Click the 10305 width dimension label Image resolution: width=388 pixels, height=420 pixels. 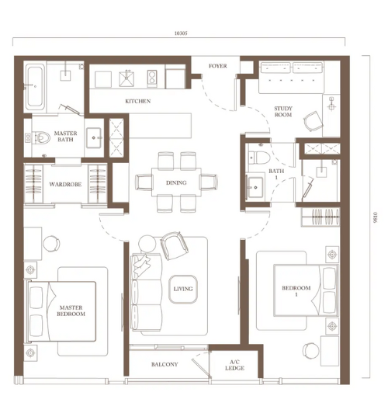[x=181, y=33]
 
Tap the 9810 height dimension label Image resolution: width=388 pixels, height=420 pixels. [x=375, y=217]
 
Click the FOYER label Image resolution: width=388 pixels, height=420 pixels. [x=218, y=66]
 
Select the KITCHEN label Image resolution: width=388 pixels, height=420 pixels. [x=138, y=101]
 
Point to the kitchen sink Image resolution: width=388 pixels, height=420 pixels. [x=126, y=78]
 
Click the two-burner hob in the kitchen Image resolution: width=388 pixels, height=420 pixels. [x=152, y=78]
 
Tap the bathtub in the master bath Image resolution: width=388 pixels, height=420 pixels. [x=35, y=85]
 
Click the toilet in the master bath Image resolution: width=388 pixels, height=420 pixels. [x=40, y=137]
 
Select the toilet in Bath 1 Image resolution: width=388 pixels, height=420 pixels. [x=258, y=158]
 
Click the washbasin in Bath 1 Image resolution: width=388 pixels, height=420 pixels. [x=255, y=188]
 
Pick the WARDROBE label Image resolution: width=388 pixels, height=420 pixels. [x=65, y=184]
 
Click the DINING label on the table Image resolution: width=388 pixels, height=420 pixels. [x=176, y=182]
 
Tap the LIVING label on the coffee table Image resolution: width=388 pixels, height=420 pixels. [x=183, y=289]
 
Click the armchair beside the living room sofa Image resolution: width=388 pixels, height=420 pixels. [x=174, y=245]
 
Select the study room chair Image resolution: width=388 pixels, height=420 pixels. [x=313, y=121]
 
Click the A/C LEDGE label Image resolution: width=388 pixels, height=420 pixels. [x=234, y=365]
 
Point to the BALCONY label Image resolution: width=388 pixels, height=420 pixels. [x=165, y=364]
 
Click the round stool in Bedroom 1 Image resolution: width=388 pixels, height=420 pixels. [x=311, y=351]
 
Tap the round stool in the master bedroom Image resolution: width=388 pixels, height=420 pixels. [x=51, y=244]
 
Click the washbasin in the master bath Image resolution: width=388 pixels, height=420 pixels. [x=94, y=137]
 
